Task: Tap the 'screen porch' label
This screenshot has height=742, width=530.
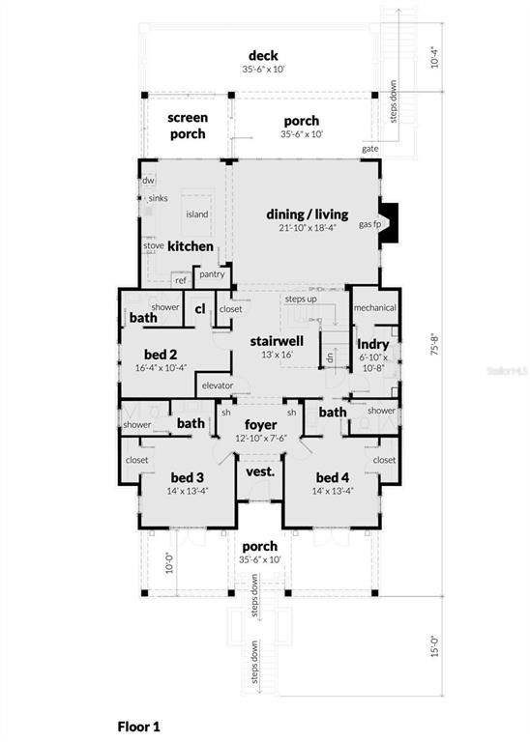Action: pyautogui.click(x=188, y=126)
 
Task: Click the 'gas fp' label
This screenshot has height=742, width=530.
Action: pyautogui.click(x=367, y=224)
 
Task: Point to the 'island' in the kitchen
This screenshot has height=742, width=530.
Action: pyautogui.click(x=196, y=214)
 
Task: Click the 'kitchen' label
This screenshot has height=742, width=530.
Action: pyautogui.click(x=191, y=246)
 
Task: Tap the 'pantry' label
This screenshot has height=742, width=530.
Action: pyautogui.click(x=212, y=274)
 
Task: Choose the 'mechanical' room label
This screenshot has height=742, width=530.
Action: pyautogui.click(x=375, y=308)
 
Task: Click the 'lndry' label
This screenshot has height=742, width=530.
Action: pyautogui.click(x=373, y=344)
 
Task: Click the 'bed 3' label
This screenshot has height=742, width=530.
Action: pyautogui.click(x=188, y=477)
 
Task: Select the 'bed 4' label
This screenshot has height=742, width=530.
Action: pyautogui.click(x=331, y=477)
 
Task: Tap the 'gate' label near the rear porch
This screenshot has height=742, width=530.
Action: pyautogui.click(x=369, y=149)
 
